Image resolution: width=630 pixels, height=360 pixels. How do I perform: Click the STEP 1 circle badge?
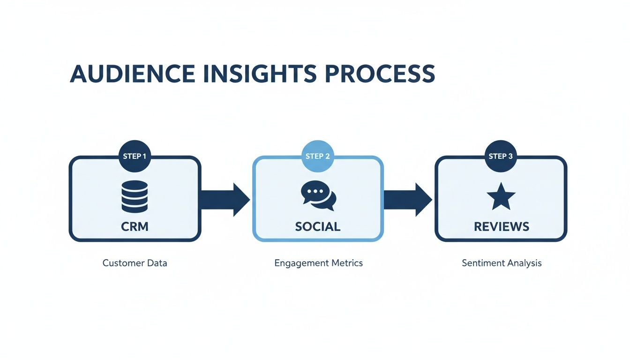tap(135, 156)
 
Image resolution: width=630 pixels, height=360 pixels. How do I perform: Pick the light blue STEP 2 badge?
tap(318, 156)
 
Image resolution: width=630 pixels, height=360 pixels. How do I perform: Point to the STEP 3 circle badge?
tap(501, 156)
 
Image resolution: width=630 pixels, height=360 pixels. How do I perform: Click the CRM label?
tap(135, 227)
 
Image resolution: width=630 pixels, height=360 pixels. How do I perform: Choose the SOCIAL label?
tap(318, 227)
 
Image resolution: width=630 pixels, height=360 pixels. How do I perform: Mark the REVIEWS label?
tap(501, 227)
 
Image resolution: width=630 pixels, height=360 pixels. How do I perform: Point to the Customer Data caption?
tap(135, 263)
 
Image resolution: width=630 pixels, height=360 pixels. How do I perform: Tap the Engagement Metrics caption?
tap(318, 263)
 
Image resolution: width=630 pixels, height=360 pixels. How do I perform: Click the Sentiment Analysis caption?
tap(501, 263)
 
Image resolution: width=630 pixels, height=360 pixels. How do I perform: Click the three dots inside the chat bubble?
tap(315, 191)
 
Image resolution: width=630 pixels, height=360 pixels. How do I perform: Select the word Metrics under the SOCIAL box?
tap(346, 263)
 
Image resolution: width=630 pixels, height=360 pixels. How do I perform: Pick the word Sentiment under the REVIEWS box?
tap(482, 263)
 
